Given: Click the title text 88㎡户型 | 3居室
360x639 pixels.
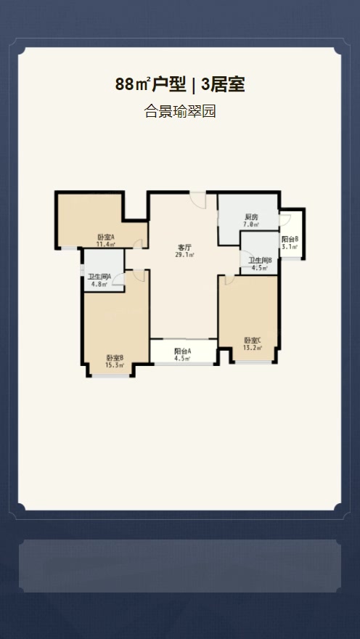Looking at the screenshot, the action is [180, 84].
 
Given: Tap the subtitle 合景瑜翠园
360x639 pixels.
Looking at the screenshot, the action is [180, 111].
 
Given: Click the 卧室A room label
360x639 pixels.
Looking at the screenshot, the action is [105, 237].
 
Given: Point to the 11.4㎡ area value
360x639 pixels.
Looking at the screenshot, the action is [105, 245].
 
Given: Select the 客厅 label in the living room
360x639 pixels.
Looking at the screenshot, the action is [185, 248].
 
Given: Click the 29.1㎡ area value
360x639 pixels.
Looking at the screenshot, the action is [185, 255].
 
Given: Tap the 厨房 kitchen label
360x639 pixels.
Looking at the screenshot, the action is [251, 217].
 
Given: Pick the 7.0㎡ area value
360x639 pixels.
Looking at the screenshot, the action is [251, 224].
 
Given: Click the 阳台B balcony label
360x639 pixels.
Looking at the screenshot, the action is [290, 239].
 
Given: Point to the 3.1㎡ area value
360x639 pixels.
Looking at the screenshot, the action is [290, 247].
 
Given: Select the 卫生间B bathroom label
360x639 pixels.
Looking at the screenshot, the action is [261, 261].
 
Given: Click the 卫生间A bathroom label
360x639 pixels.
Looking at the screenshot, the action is [99, 277].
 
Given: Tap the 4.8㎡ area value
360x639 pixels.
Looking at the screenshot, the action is [99, 284].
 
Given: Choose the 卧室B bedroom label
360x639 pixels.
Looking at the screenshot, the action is [115, 358].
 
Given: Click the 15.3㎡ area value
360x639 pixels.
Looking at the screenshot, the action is [115, 365].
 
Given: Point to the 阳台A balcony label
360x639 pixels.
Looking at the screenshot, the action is [183, 351].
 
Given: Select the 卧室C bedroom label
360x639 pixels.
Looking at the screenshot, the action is [253, 341].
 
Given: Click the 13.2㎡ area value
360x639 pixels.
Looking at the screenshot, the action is [253, 348].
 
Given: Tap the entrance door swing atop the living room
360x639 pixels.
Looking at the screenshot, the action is [198, 200].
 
